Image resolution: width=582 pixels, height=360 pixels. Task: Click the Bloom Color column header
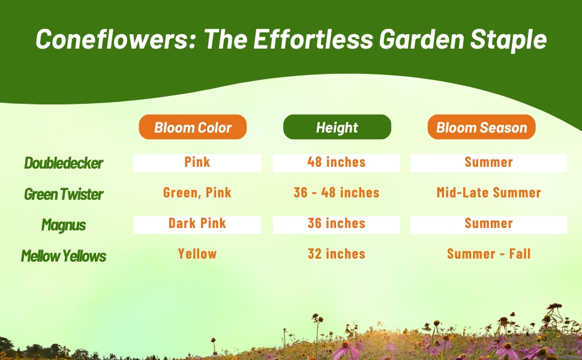[193, 127]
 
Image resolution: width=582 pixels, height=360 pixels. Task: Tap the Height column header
[337, 127]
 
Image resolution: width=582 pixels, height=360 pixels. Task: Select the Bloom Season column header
[481, 127]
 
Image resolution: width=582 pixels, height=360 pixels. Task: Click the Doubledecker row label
[64, 163]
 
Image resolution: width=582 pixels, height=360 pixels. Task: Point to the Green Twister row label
[64, 194]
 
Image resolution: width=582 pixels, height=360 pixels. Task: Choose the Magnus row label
[64, 225]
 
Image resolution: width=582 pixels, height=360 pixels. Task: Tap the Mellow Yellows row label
[64, 256]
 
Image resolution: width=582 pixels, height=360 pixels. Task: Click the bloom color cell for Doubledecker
[197, 163]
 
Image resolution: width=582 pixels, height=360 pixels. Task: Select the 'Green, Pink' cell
[197, 193]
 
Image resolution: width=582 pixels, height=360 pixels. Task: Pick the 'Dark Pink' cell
[197, 224]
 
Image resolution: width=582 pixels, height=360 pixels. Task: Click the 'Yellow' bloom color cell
[197, 254]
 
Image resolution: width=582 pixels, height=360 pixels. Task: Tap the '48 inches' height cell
[336, 163]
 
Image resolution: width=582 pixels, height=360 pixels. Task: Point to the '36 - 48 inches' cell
[336, 193]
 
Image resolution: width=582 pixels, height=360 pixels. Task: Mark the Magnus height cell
[336, 224]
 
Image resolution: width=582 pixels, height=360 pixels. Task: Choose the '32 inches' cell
[336, 254]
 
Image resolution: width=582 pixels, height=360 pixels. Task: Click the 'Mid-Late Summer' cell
[488, 193]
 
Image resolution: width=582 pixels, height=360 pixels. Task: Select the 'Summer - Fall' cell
[488, 254]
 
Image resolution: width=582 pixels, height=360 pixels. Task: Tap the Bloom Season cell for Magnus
[488, 224]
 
